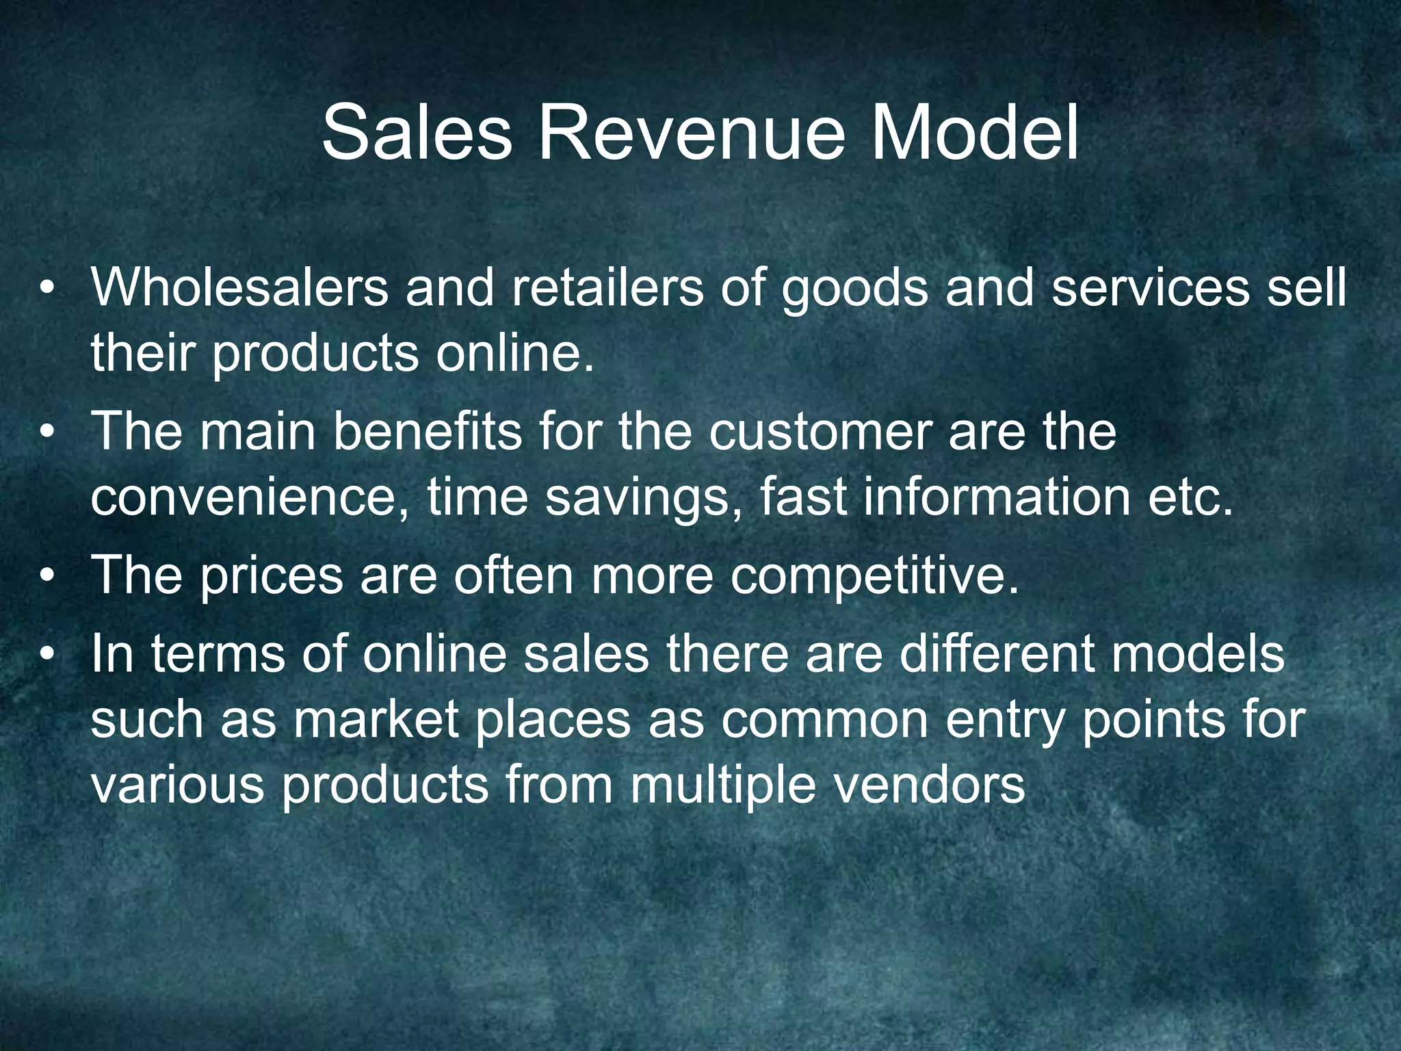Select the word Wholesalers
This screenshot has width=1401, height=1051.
239,287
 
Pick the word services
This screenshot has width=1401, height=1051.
1149,287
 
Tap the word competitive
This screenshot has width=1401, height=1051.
875,577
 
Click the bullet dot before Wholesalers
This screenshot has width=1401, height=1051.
47,288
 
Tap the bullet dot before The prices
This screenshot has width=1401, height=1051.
47,575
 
